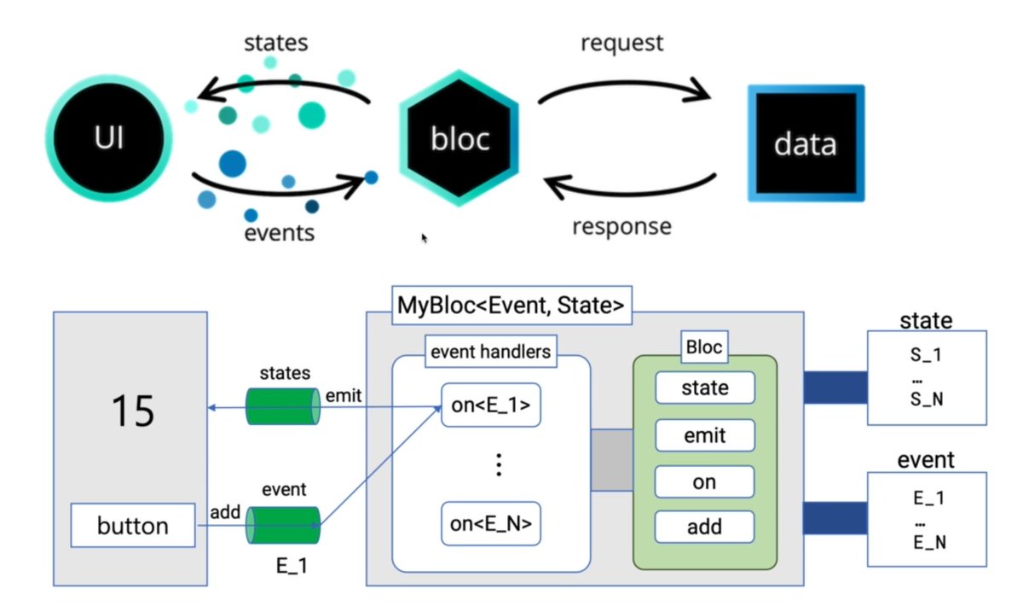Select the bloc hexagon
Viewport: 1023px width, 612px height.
click(x=459, y=139)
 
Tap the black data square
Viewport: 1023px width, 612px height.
click(x=806, y=143)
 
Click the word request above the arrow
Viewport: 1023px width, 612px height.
click(x=621, y=43)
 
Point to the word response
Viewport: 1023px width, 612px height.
click(x=621, y=226)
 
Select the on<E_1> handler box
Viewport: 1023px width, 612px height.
click(x=491, y=405)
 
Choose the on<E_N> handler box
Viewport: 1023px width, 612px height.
click(x=491, y=524)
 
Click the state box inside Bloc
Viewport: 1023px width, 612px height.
click(x=705, y=388)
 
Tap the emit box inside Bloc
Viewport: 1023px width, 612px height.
click(x=705, y=435)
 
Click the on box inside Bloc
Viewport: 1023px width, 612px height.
click(x=705, y=482)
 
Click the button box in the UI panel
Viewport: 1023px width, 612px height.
click(x=134, y=526)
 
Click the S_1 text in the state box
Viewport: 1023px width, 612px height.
click(x=927, y=354)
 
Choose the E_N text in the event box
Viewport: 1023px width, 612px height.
click(x=927, y=541)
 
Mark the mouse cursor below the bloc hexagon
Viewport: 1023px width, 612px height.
click(x=425, y=238)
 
